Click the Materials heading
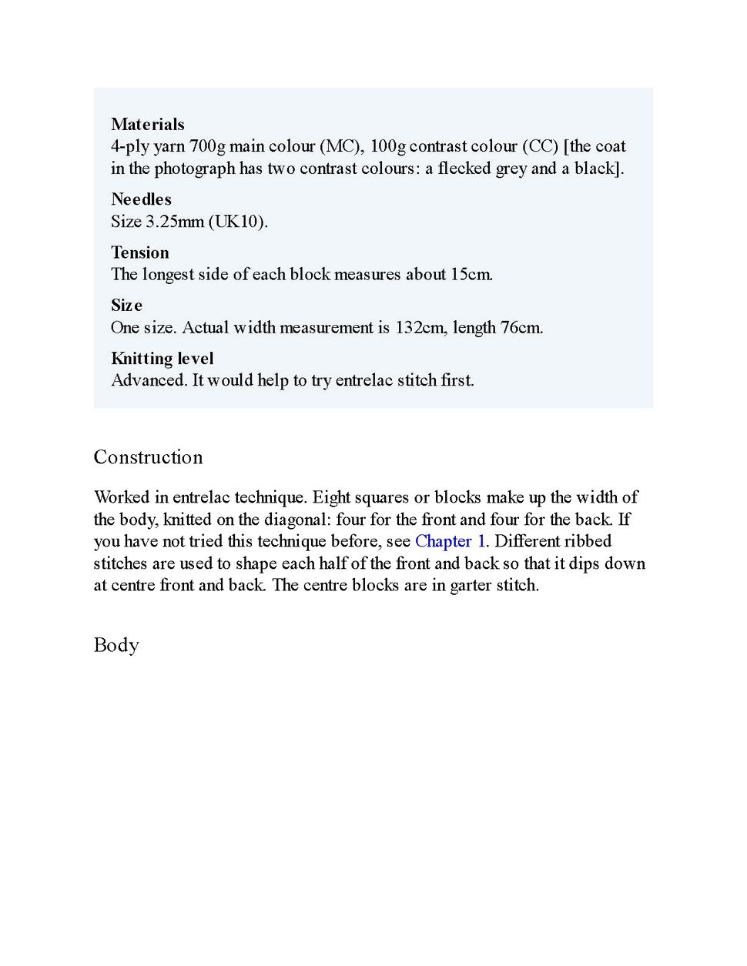pos(147,125)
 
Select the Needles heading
pos(141,199)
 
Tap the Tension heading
pos(139,252)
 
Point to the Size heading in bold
pos(126,306)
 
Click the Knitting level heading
pos(162,359)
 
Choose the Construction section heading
pos(148,457)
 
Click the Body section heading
pos(116,645)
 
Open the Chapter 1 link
pos(450,541)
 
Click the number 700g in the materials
pos(207,146)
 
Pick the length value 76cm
pos(521,328)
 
